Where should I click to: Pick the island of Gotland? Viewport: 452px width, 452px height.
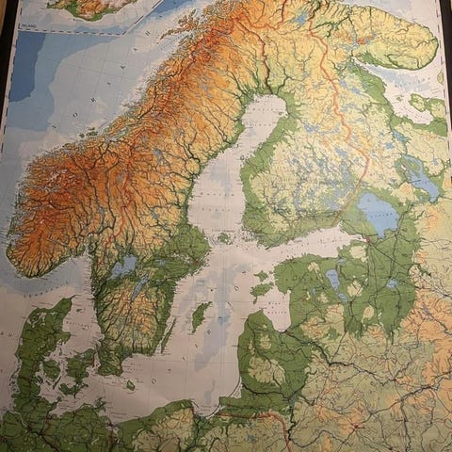pos(199,315)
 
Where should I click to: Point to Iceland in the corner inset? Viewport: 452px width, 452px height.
pos(89,8)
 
